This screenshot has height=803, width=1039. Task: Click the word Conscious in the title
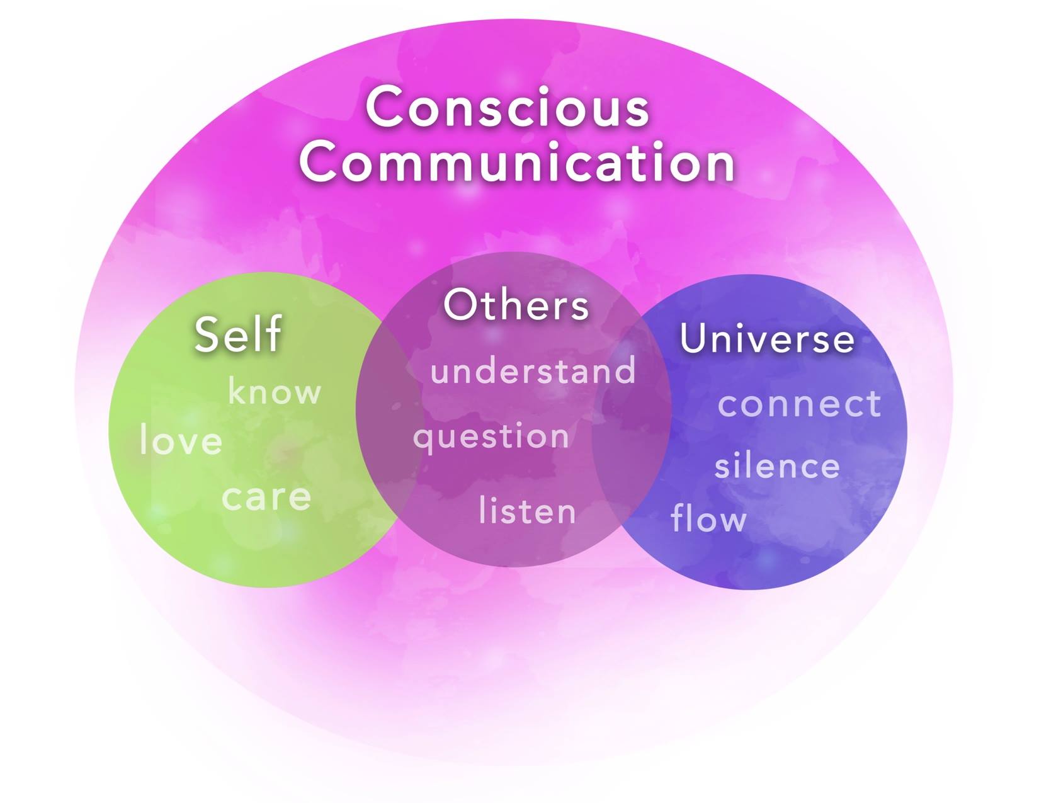tap(507, 107)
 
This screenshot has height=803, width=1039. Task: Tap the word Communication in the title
tap(517, 162)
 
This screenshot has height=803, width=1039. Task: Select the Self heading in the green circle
tap(237, 334)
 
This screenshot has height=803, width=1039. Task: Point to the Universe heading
tap(767, 339)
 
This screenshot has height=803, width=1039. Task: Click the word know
tap(274, 392)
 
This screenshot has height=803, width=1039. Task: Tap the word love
tap(181, 440)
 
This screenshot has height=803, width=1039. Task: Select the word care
tap(266, 497)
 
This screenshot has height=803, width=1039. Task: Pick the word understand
tap(533, 370)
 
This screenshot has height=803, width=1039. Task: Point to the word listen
tap(527, 511)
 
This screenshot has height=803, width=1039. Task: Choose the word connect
tap(799, 404)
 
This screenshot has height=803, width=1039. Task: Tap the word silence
tap(777, 467)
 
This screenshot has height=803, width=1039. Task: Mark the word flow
tap(708, 518)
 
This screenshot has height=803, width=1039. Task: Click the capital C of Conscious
tap(385, 107)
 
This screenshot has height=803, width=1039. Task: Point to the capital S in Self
tap(207, 334)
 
